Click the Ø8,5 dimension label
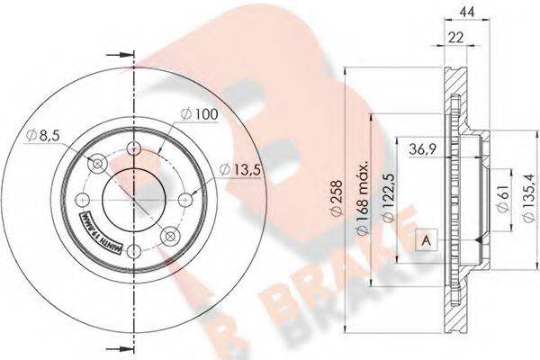pos(42,135)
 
